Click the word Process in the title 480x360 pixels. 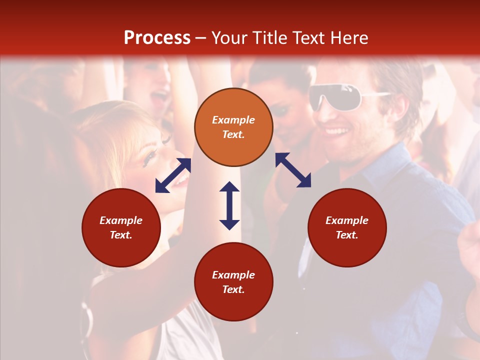tap(157, 38)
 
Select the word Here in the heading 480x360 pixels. tap(349, 38)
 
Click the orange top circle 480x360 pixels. tap(233, 127)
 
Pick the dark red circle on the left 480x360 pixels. tap(121, 227)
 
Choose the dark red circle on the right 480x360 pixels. tap(347, 227)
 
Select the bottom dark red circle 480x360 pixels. tap(233, 282)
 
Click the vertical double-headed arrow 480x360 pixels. tap(229, 205)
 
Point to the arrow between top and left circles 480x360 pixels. tap(173, 175)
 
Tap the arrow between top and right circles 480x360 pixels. tap(293, 170)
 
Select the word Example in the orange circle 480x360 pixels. tap(233, 120)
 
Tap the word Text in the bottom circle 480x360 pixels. tap(233, 289)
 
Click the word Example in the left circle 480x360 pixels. tap(121, 220)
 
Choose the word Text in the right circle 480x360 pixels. tap(347, 235)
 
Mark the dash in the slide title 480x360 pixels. tap(201, 38)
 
